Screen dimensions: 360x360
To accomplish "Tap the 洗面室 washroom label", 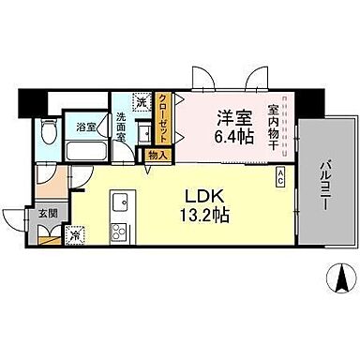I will coord(122,127).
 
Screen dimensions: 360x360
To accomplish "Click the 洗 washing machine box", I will coord(140,102).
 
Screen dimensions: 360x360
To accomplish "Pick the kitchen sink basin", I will coord(119,202).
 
